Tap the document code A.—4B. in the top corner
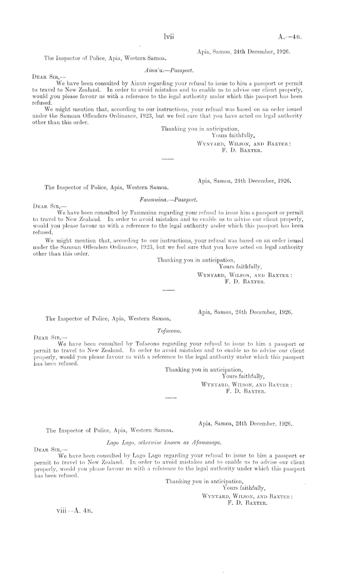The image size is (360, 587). click(289, 37)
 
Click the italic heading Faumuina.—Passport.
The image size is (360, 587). click(169, 197)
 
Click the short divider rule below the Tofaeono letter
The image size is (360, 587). click(170, 398)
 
